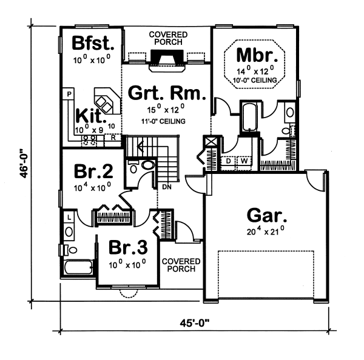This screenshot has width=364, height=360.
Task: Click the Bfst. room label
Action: click(x=91, y=44)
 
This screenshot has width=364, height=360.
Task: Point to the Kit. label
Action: click(x=91, y=115)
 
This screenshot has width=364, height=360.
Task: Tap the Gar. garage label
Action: click(x=266, y=215)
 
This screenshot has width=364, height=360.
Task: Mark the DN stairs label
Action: click(x=167, y=187)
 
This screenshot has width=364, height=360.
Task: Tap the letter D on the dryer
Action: click(x=229, y=161)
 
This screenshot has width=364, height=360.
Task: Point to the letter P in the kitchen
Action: click(x=69, y=95)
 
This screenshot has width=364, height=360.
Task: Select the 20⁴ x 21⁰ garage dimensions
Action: click(x=266, y=232)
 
